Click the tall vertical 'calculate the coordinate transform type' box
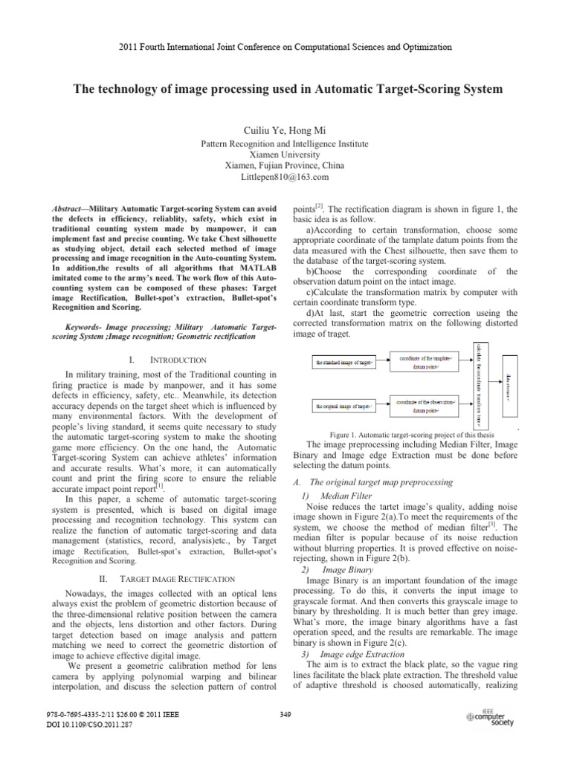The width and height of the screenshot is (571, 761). (478, 384)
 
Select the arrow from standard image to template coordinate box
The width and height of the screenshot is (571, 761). (385, 363)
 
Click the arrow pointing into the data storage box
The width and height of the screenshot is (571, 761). (494, 385)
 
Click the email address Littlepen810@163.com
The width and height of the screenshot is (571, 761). (285, 177)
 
